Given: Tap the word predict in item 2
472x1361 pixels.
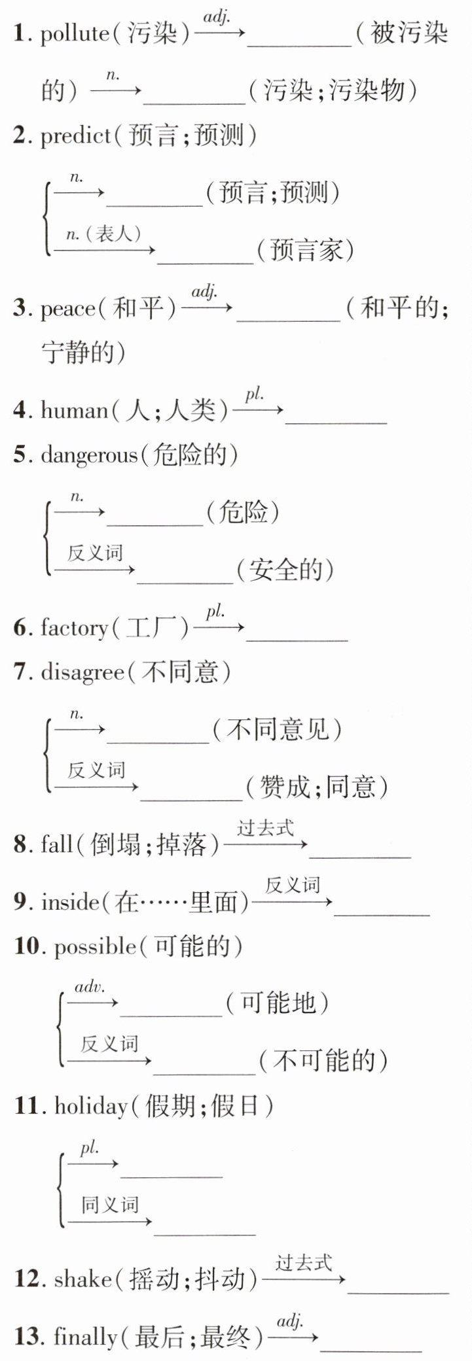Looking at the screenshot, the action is [x=75, y=136].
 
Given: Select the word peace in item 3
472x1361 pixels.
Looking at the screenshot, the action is [x=67, y=309].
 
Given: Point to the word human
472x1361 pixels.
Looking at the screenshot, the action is [x=74, y=411].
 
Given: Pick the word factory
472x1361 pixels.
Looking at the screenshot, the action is [x=74, y=628].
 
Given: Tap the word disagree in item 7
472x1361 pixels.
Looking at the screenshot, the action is [x=82, y=672].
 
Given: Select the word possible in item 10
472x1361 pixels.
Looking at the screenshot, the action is [x=96, y=947].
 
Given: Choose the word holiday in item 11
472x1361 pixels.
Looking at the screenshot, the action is [x=91, y=1107].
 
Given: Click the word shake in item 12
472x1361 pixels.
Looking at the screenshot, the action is [x=83, y=1279].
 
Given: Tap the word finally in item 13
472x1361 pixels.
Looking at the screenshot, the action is [x=86, y=1337].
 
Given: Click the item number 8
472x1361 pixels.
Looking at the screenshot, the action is [x=20, y=845].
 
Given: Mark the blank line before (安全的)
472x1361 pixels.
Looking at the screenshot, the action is [x=185, y=581].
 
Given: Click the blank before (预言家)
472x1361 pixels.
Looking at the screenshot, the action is [x=205, y=262].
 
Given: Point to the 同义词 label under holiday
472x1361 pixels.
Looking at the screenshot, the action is [x=109, y=1204].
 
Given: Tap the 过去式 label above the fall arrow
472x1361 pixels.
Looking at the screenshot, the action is [x=265, y=828].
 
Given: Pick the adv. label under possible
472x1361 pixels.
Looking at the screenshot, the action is [x=90, y=987].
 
